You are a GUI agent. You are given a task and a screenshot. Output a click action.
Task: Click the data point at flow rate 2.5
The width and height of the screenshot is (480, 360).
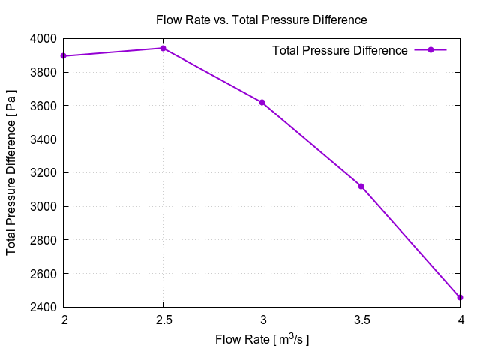(x=163, y=48)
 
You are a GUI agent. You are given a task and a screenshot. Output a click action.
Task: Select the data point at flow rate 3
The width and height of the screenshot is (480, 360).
(x=262, y=102)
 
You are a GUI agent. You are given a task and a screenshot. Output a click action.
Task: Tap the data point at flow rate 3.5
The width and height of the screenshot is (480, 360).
(x=361, y=186)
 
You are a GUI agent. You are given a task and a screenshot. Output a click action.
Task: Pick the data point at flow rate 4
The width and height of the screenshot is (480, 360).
(x=460, y=298)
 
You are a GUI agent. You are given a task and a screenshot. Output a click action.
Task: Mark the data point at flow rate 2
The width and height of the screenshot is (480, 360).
(x=64, y=55)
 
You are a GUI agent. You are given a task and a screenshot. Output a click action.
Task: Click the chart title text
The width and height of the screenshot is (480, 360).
(x=261, y=19)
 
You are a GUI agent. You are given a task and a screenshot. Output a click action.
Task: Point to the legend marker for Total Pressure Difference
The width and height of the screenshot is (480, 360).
(x=430, y=50)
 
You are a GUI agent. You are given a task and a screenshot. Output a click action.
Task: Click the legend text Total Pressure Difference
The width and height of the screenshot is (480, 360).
(x=340, y=50)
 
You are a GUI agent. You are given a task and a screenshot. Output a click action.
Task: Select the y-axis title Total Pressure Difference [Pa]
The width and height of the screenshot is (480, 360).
(x=12, y=172)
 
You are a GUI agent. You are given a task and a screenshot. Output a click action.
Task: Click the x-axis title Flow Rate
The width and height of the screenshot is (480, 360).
(x=262, y=340)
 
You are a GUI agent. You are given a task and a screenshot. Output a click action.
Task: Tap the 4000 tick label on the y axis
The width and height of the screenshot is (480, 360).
(x=43, y=38)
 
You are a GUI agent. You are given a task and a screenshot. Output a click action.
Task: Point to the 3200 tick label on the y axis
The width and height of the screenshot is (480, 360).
(x=43, y=172)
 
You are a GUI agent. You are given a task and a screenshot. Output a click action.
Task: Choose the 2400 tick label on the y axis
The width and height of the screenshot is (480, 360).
(x=43, y=307)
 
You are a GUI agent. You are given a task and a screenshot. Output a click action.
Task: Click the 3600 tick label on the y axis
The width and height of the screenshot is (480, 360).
(x=43, y=106)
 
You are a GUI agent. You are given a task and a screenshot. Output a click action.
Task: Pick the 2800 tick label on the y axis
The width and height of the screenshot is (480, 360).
(x=43, y=240)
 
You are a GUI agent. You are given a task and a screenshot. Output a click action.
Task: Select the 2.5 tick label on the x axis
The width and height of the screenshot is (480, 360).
(x=163, y=320)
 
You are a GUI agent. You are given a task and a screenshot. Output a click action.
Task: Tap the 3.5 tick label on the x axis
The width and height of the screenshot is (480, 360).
(x=361, y=320)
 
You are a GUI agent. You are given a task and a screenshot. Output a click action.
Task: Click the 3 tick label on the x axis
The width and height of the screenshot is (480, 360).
(x=262, y=320)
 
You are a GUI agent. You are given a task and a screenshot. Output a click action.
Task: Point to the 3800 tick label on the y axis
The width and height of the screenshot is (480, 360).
(x=43, y=72)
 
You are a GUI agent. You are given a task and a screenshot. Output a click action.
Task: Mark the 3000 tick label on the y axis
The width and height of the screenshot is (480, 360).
(x=43, y=206)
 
